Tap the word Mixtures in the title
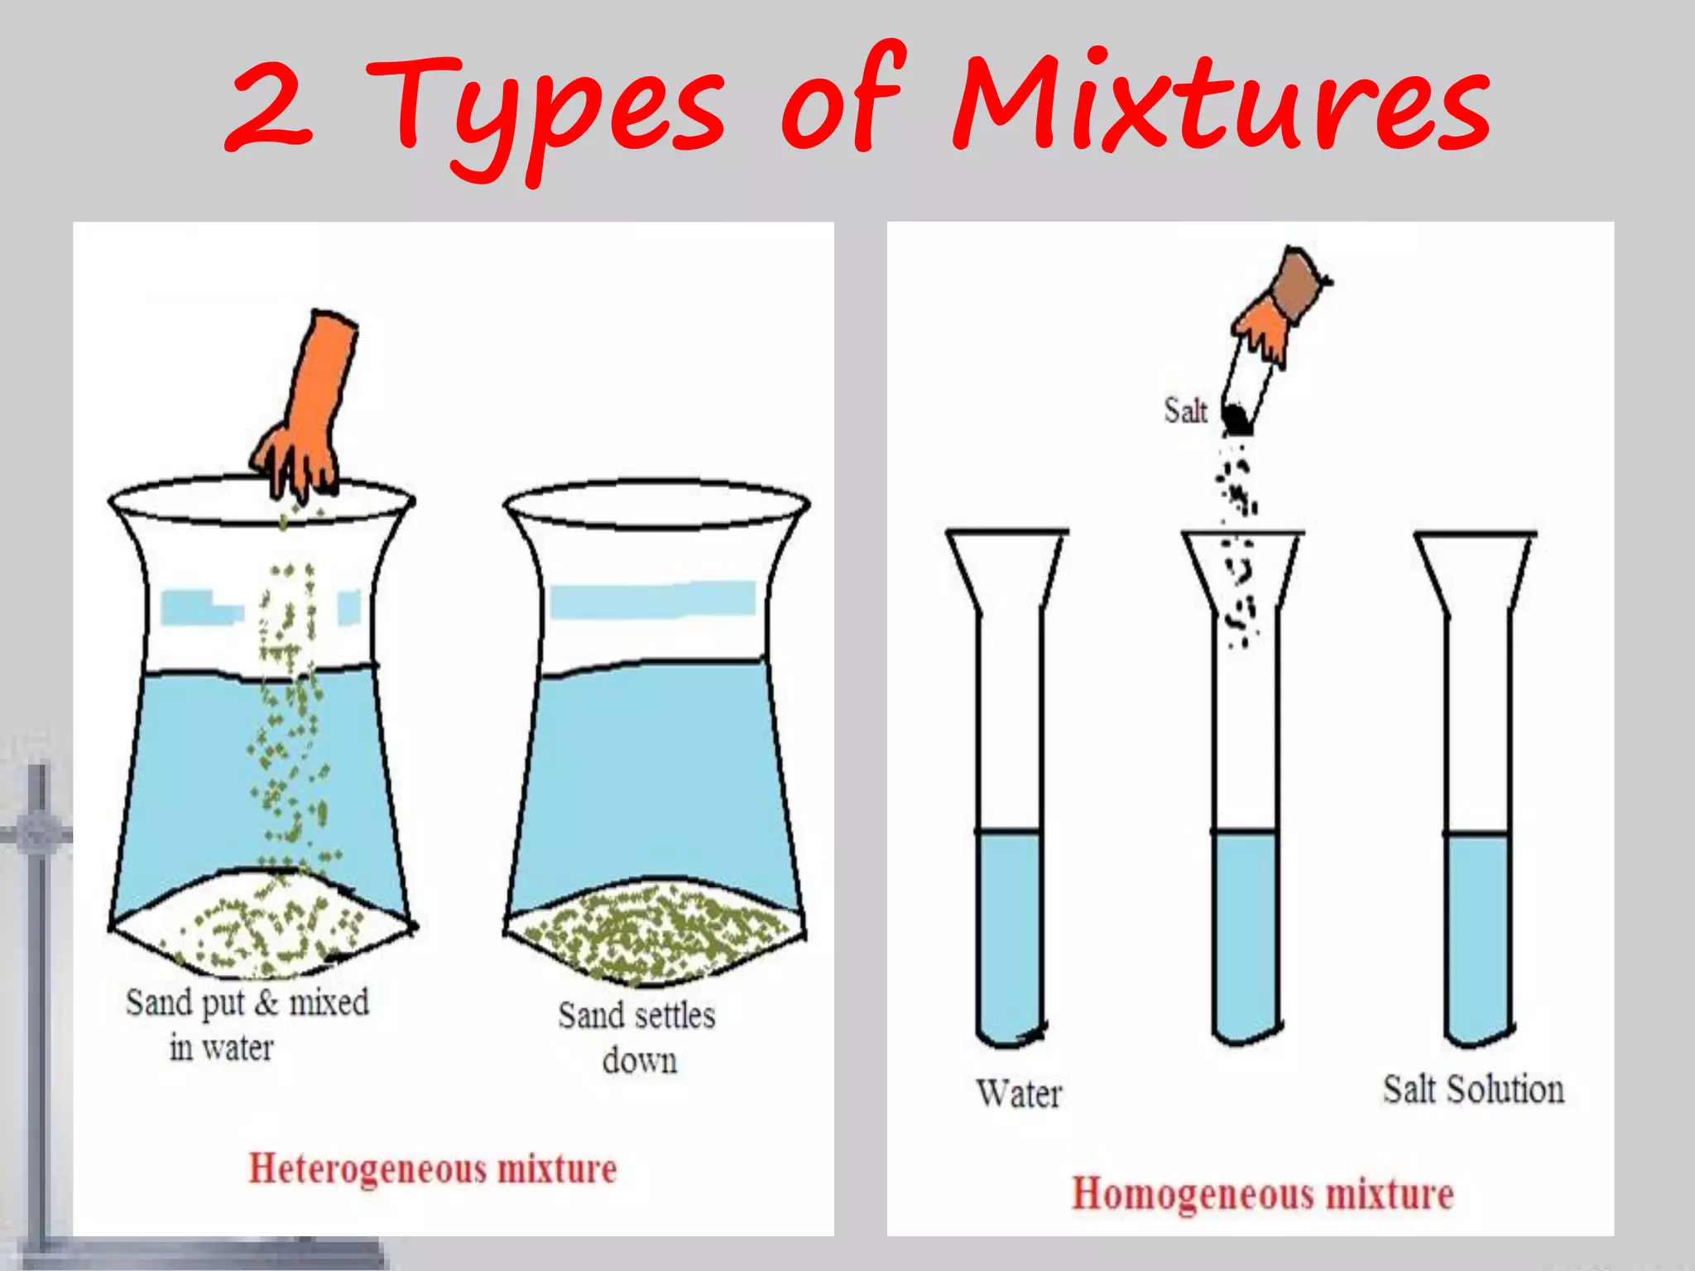(1221, 103)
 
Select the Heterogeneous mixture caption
(433, 1169)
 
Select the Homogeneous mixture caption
(1262, 1194)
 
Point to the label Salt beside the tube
(1185, 410)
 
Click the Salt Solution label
(1473, 1089)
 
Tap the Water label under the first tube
(1018, 1093)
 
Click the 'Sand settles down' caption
(637, 1037)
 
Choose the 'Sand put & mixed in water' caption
(247, 1024)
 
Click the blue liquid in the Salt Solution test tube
(1478, 935)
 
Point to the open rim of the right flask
(656, 503)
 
